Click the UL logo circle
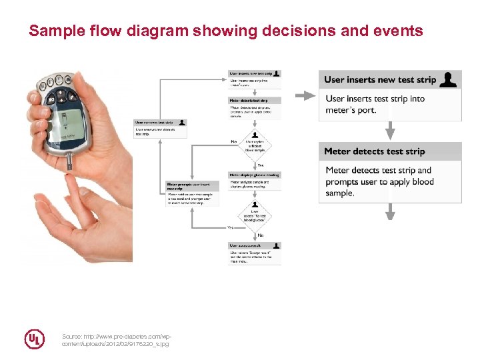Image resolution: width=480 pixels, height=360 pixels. pos(35,339)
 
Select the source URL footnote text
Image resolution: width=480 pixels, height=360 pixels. pos(115,340)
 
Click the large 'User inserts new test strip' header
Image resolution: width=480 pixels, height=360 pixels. pos(380,80)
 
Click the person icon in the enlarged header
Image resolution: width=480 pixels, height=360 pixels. pos(450,80)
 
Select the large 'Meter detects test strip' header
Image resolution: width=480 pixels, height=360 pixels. pos(374,151)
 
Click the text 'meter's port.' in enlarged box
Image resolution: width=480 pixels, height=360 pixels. pos(351,110)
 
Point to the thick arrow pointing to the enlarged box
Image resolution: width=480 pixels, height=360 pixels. pos(305,96)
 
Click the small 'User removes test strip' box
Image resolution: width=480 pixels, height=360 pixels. pos(160,128)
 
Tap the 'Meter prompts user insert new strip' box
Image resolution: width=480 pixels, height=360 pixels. pos(192,193)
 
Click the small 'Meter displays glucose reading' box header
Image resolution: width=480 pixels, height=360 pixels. pos(254,175)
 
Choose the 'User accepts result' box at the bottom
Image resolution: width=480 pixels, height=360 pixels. pos(254,253)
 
